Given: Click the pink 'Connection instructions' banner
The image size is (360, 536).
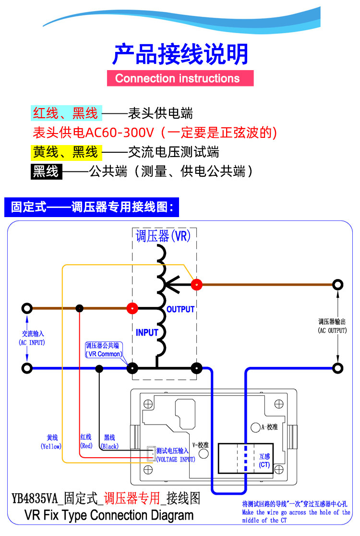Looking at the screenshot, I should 180,78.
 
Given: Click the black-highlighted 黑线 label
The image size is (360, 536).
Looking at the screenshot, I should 47,171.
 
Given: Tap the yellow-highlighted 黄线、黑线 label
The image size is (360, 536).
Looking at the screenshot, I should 66,152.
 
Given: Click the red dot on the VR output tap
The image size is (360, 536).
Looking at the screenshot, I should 196,285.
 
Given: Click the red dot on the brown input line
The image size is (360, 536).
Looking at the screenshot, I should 132,308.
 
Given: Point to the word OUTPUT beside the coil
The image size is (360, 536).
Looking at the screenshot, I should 180,309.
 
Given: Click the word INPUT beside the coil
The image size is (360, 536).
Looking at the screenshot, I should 147,332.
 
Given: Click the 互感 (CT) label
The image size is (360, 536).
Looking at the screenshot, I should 264,461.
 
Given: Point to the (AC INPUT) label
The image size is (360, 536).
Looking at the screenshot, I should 32,342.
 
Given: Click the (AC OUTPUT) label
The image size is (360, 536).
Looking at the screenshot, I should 332,330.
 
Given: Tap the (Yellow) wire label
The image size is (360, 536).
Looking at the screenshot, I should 51,446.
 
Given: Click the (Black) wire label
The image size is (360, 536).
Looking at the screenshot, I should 110,446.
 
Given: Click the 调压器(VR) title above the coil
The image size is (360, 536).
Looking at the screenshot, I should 163,236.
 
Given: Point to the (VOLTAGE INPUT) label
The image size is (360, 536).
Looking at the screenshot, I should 176,459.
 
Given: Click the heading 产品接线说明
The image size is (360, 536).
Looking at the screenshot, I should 180,54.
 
